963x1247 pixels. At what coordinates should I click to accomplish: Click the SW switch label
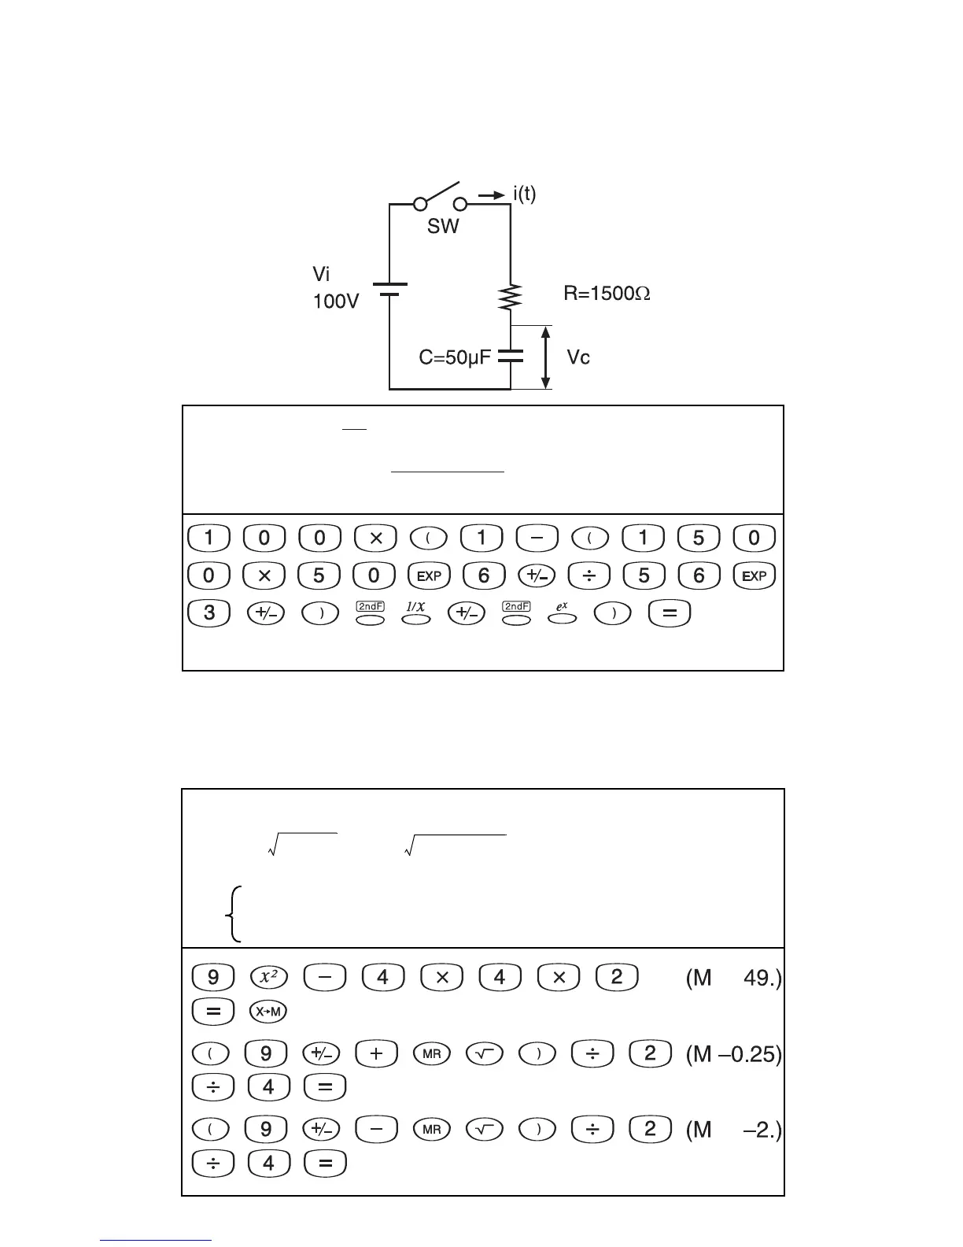[x=443, y=227]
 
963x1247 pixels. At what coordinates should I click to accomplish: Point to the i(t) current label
[x=519, y=194]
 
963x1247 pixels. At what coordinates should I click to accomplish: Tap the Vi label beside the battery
[x=323, y=275]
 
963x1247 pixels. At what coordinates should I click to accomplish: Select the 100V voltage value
[x=337, y=301]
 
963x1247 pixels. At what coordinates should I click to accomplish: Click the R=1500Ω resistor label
[x=607, y=294]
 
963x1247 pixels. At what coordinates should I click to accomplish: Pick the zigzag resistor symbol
[x=511, y=297]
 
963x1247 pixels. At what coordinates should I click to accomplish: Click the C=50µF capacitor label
[x=454, y=358]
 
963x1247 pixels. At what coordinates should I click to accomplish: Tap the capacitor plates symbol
[x=511, y=356]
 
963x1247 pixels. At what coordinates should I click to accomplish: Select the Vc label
[x=578, y=358]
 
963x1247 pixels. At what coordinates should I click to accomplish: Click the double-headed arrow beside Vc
[x=545, y=357]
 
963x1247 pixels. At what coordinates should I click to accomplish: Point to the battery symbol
[x=389, y=289]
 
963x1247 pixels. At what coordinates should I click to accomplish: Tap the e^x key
[x=562, y=613]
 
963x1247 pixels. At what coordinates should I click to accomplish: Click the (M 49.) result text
[x=733, y=978]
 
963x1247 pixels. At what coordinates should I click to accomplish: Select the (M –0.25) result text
[x=733, y=1053]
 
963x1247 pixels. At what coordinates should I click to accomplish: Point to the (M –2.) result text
[x=733, y=1130]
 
